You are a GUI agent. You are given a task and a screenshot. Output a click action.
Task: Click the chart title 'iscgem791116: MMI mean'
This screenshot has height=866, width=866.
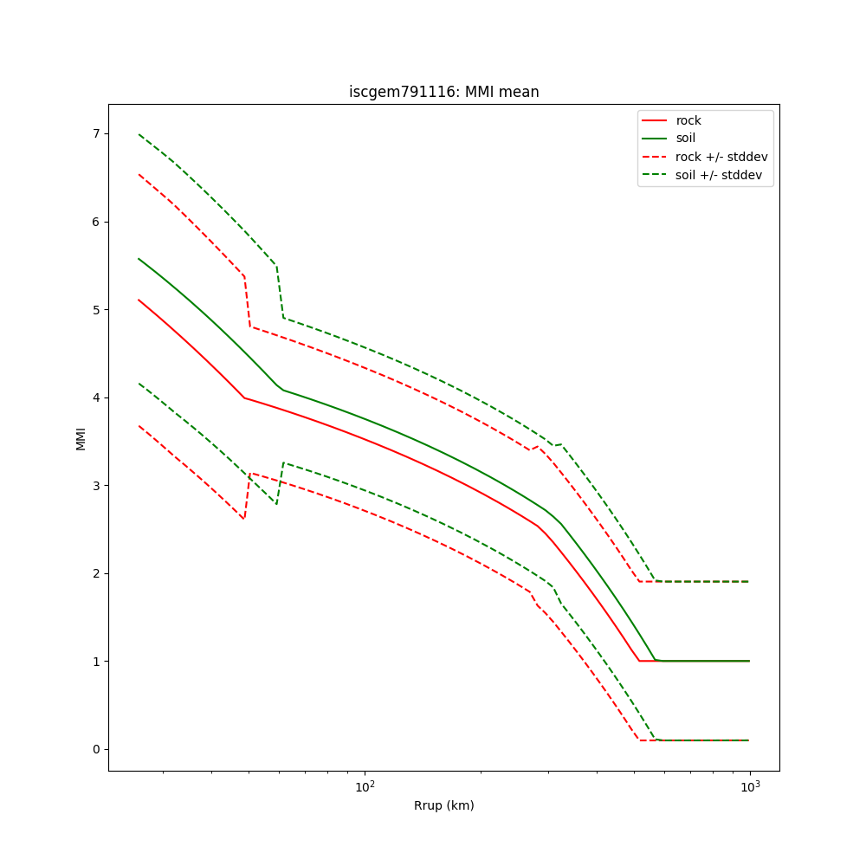coord(443,92)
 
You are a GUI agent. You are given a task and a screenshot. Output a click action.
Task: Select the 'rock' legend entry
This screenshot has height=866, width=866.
coord(688,120)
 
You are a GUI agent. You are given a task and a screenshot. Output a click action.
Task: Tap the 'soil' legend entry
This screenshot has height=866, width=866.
coord(686,138)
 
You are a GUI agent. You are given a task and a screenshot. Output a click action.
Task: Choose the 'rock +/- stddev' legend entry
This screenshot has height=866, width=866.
coord(721,156)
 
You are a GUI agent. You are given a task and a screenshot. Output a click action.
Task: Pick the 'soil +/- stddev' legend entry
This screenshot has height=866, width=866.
coord(719,174)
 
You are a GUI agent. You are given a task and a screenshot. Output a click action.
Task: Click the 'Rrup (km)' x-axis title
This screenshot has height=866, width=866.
coord(443,805)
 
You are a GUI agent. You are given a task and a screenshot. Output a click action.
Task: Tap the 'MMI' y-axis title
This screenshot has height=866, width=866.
coord(81,437)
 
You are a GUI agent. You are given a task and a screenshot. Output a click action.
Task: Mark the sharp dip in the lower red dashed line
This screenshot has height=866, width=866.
coord(244,518)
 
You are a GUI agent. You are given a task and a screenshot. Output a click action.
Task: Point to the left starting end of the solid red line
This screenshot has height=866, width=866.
coord(139,300)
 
